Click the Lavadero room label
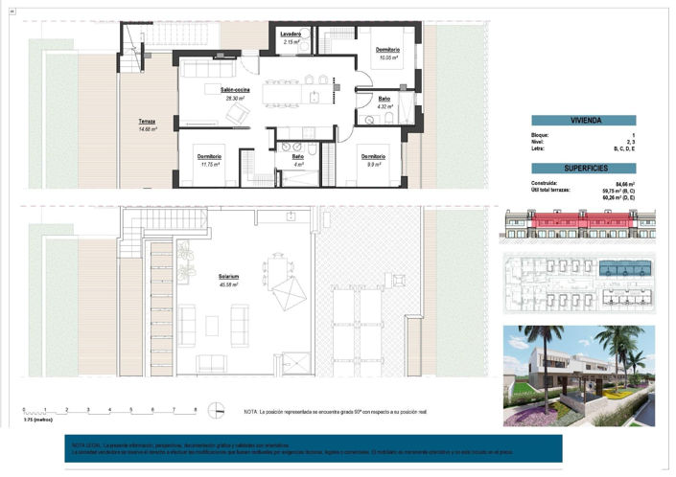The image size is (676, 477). point(291,34)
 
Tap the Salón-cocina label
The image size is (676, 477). point(235,89)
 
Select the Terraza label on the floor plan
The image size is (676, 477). point(147,122)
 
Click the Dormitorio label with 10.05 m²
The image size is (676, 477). point(387,50)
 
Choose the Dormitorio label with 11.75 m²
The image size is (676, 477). point(210,157)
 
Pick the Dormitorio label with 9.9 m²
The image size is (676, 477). point(373,157)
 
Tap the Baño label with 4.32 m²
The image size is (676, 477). point(384,100)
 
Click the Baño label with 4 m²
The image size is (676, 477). point(297,157)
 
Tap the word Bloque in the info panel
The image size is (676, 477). point(540,136)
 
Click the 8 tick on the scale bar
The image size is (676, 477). point(196,409)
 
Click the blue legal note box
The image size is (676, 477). point(312,448)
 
